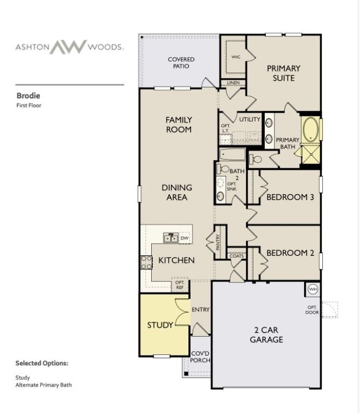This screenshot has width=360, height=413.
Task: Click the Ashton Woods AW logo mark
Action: tap(69, 47)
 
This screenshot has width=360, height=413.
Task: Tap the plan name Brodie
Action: tap(28, 96)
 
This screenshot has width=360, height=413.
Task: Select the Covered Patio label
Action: tap(181, 63)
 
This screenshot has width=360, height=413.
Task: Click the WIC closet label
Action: tap(235, 57)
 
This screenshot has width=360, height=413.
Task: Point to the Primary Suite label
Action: tap(284, 73)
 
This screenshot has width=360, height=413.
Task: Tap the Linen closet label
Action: tap(233, 82)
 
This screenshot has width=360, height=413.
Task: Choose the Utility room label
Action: tap(250, 120)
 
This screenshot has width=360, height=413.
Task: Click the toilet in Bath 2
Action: tap(223, 169)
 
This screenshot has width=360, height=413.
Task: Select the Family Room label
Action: tap(179, 125)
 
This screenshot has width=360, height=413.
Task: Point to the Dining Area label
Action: tap(177, 192)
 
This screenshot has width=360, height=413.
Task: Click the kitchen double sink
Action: tap(171, 238)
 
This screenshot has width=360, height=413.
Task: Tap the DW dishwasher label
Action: tap(184, 238)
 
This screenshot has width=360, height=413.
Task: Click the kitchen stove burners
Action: tap(146, 262)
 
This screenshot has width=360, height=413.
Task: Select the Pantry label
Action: tap(218, 242)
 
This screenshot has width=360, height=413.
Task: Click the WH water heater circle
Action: tap(312, 289)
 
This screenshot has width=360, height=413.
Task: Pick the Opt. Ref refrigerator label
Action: tap(180, 285)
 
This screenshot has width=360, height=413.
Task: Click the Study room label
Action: tap(160, 325)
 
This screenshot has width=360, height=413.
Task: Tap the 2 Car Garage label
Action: tap(266, 335)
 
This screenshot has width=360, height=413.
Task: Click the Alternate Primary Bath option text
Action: tap(44, 385)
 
